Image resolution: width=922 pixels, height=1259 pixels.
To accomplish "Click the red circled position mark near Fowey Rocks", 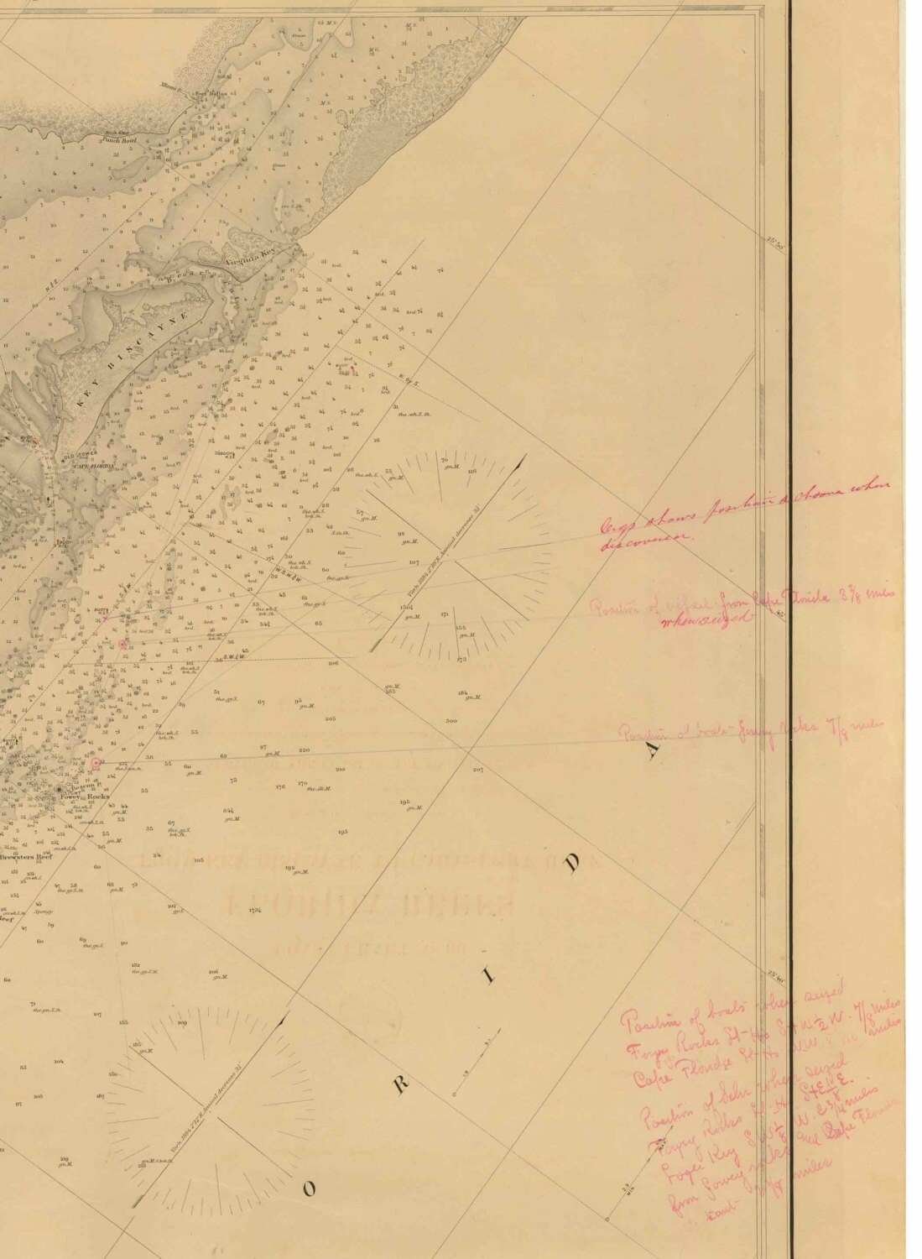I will (96, 763).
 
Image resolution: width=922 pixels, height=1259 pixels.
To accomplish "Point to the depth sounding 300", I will (451, 721).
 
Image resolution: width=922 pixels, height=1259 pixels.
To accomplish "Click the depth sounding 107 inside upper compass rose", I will (414, 562).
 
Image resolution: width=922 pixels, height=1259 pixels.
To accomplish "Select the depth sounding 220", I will (304, 750).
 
